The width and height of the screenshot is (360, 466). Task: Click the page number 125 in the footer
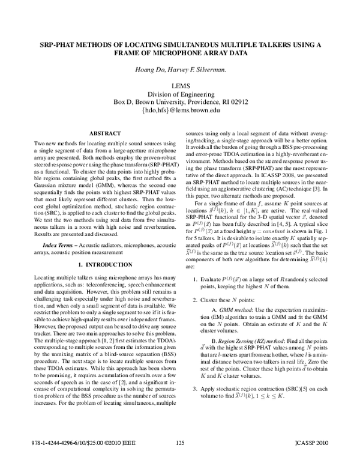point(181,461)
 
